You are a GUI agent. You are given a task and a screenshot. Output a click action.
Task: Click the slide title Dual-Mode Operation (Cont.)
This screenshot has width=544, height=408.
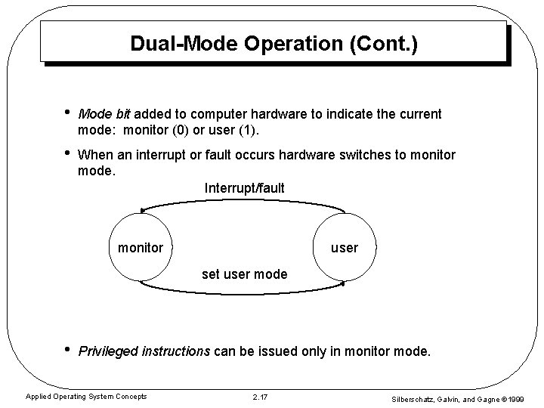[x=273, y=43]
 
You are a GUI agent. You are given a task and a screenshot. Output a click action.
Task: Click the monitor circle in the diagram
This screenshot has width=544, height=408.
[x=140, y=247]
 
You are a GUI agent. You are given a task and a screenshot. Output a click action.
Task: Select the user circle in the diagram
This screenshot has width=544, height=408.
[x=345, y=247]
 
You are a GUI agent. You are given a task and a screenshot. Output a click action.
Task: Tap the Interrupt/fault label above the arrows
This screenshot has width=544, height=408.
[x=244, y=187]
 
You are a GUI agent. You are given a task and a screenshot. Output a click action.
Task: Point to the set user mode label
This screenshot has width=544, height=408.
[x=244, y=274]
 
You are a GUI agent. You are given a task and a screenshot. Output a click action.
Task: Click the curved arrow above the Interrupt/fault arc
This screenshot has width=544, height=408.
[x=243, y=202]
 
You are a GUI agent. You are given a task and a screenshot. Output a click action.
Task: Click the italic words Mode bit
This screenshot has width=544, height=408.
[x=104, y=114]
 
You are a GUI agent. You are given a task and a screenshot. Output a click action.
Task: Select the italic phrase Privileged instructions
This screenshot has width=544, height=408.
[x=144, y=351]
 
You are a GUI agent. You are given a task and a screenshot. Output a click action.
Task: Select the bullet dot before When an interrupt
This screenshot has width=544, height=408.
[x=67, y=154]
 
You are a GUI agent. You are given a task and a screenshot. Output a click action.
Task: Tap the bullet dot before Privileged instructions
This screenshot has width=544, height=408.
[x=67, y=350]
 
